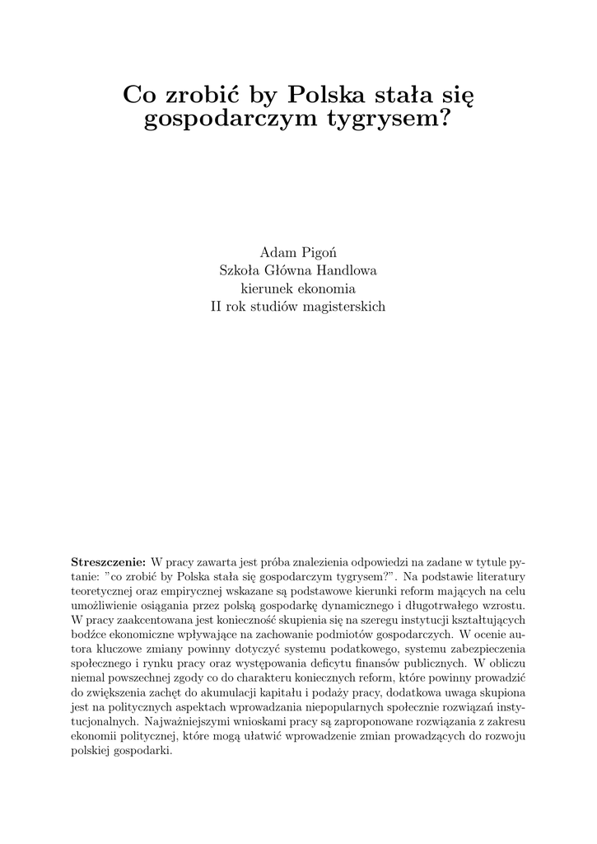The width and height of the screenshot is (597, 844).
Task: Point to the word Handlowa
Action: pyautogui.click(x=339, y=270)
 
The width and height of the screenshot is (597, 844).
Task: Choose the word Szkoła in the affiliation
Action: pyautogui.click(x=237, y=270)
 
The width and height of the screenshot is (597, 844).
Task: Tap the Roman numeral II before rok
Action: pyautogui.click(x=218, y=307)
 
